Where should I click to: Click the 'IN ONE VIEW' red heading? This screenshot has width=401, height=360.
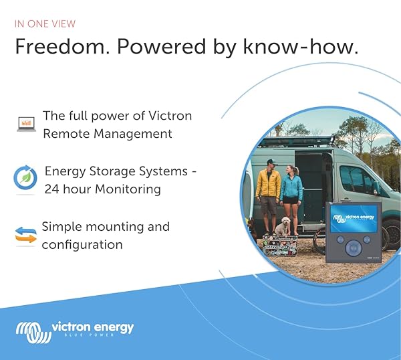click(45, 24)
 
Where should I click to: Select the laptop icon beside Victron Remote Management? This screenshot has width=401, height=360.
click(27, 123)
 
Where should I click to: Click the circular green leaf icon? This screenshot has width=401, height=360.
click(25, 179)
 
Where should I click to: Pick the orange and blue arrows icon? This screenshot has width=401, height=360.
click(26, 236)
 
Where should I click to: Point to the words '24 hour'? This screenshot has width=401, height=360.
click(68, 189)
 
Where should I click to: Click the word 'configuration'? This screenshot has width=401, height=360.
click(82, 244)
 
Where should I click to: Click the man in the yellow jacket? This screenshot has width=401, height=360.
click(268, 190)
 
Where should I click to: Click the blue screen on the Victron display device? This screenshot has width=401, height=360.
click(354, 218)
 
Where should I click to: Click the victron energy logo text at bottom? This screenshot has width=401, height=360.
click(92, 327)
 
